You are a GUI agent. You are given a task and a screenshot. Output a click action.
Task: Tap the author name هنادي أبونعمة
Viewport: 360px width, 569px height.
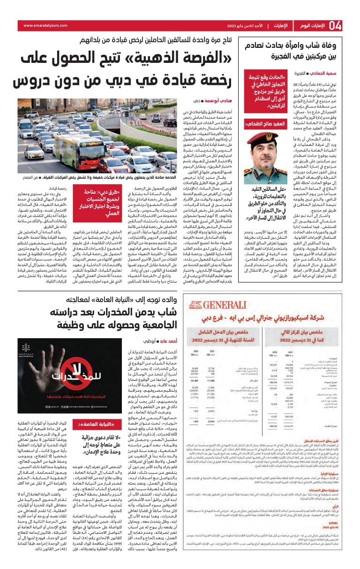click(x=206, y=101)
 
